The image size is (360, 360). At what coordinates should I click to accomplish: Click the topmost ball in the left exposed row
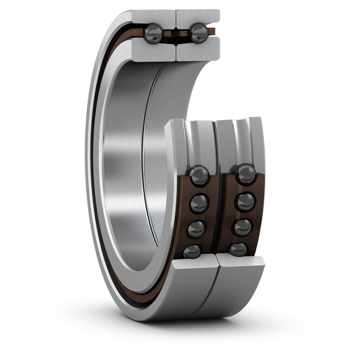point(199,176)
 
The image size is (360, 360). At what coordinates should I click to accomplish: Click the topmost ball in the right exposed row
point(245,175)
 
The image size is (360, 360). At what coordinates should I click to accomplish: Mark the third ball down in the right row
point(242,227)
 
